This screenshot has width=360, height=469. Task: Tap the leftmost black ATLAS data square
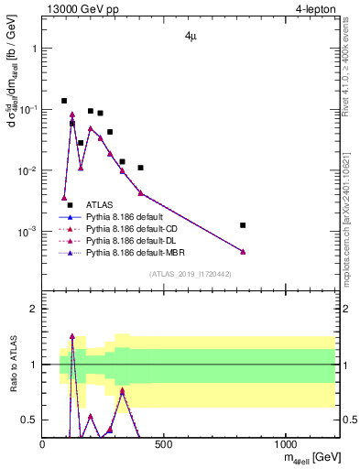pos(64,101)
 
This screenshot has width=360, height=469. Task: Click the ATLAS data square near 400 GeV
pos(140,168)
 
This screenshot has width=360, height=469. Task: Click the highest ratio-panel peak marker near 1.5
pos(72,336)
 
